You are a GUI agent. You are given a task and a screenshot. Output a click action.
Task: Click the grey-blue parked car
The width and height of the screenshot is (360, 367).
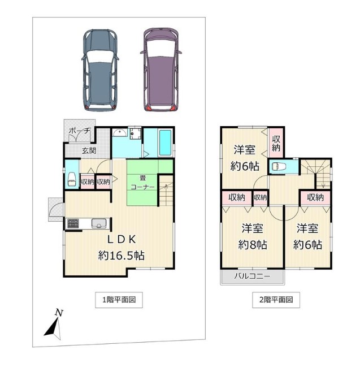click(x=100, y=70)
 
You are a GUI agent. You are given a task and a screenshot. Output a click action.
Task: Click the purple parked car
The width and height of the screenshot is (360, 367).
click(x=161, y=70)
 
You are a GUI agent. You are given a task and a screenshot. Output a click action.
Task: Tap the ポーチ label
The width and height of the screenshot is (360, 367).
click(x=80, y=131)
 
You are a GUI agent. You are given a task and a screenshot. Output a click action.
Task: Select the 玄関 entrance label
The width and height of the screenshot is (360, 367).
click(x=89, y=150)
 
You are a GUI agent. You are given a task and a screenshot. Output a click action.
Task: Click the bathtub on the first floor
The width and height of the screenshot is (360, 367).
click(x=166, y=143)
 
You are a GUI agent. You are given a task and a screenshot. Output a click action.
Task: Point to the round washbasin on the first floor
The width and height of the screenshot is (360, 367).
click(x=120, y=133)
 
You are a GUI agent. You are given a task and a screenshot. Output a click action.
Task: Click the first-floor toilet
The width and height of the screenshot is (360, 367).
click(x=72, y=180)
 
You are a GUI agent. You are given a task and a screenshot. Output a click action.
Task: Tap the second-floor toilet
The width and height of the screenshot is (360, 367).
click(x=279, y=167)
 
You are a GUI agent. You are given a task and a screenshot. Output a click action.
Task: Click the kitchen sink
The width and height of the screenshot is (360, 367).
click(x=99, y=223)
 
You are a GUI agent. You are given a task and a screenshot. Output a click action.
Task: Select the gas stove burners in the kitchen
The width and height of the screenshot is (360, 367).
click(x=73, y=223)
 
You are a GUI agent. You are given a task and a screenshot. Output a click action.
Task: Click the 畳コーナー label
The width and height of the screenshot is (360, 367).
click(x=142, y=183)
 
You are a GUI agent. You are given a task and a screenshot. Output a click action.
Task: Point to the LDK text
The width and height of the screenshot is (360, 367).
click(x=122, y=239)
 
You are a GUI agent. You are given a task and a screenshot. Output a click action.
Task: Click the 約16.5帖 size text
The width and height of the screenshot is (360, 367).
click(x=121, y=256)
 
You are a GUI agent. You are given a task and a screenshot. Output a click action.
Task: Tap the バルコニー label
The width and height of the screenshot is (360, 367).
click(x=253, y=276)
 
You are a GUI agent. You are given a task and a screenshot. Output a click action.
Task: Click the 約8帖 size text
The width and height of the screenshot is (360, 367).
click(x=253, y=245)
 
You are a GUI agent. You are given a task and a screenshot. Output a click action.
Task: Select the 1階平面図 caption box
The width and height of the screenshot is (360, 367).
click(x=119, y=300)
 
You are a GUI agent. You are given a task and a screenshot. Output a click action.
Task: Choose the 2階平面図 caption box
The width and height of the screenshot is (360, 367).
click(x=276, y=300)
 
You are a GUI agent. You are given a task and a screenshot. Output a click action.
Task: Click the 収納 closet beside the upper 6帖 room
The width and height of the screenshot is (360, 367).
click(x=276, y=143)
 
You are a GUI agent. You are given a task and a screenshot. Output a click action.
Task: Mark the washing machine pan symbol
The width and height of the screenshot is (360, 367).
click(x=136, y=133)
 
